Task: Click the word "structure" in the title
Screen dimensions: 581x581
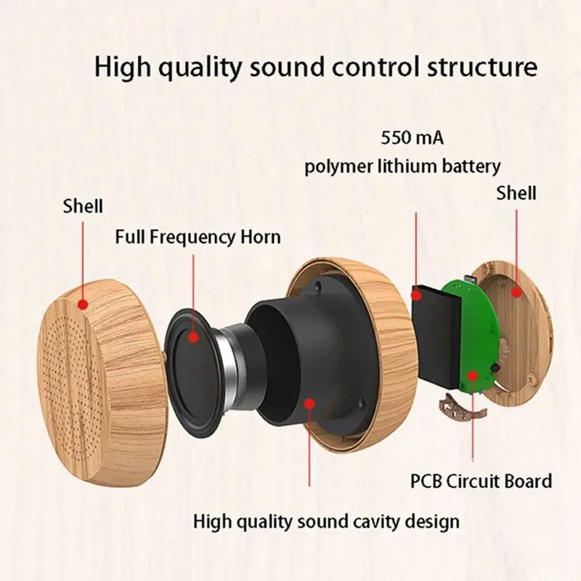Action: pos(482,67)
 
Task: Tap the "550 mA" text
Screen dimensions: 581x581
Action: pos(413,138)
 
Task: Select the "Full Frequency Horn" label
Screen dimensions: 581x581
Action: pos(198,237)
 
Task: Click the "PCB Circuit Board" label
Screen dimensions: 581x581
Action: pos(482,482)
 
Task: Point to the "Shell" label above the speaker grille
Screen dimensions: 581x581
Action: pos(83,206)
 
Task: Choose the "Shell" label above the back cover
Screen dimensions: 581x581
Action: pos(516,193)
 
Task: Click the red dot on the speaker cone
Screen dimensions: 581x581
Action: pos(193,337)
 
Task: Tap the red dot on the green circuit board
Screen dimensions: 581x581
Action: pos(472,375)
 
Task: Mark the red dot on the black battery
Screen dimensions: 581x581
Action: pos(416,296)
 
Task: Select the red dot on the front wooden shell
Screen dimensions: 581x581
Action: pos(83,304)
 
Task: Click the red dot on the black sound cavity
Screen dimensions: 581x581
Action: pos(309,403)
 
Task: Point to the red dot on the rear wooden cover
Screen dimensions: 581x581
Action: pos(516,293)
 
